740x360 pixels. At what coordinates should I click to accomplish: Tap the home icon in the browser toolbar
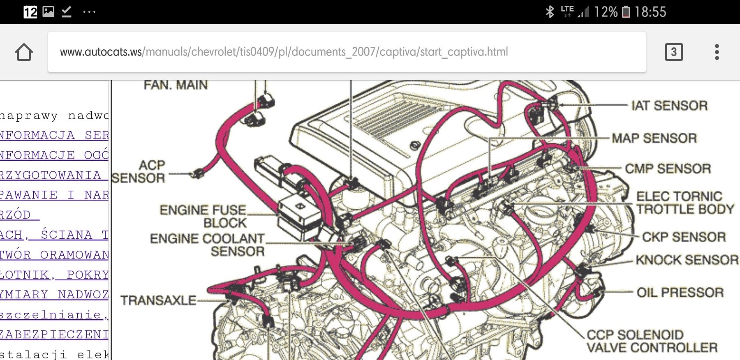pos(24,52)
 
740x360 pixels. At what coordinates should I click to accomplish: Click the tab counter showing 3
pos(673,52)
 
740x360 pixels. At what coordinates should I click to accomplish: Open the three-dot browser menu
pos(717,52)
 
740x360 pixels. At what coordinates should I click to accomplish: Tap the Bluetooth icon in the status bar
pos(550,12)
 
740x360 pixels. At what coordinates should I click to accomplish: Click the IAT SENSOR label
pos(669,106)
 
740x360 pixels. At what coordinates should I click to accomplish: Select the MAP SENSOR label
pos(654,138)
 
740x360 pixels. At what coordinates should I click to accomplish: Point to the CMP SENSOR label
pos(668,168)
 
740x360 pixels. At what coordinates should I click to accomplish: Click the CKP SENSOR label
pos(684,237)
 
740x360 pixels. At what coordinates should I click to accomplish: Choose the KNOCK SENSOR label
pos(687,260)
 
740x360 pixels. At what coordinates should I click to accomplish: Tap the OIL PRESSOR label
pos(680,293)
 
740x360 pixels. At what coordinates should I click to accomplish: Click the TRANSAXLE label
pos(158,300)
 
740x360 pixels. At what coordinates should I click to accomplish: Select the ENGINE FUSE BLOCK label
pos(203,216)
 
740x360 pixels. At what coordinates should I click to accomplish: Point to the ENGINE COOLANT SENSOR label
pos(207,245)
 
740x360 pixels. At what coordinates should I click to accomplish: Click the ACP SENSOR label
pos(139,171)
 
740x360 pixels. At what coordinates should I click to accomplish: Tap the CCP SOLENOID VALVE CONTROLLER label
pos(652,341)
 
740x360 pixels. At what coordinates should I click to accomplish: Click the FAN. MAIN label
pos(176,85)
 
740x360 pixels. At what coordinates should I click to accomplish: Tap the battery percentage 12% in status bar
pos(606,12)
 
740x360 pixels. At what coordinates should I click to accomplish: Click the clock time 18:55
pos(650,12)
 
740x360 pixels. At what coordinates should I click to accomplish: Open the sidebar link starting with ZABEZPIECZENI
pos(54,335)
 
